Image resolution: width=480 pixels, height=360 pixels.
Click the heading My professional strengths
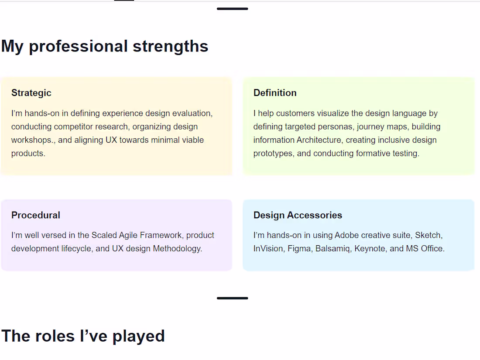tap(105, 46)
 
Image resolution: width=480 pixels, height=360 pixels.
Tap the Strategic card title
tap(31, 93)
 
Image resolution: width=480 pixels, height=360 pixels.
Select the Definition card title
tap(275, 93)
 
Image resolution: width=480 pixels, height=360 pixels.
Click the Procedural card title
tap(36, 215)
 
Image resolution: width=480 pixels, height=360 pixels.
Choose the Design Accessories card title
tap(298, 215)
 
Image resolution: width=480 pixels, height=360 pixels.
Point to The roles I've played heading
tap(83, 336)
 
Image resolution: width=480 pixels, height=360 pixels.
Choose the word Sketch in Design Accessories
tap(428, 235)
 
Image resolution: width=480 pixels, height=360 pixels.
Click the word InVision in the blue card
tap(268, 249)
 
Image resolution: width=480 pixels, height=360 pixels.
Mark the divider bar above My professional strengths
tap(232, 9)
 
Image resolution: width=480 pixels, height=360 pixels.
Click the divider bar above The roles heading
tap(232, 298)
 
